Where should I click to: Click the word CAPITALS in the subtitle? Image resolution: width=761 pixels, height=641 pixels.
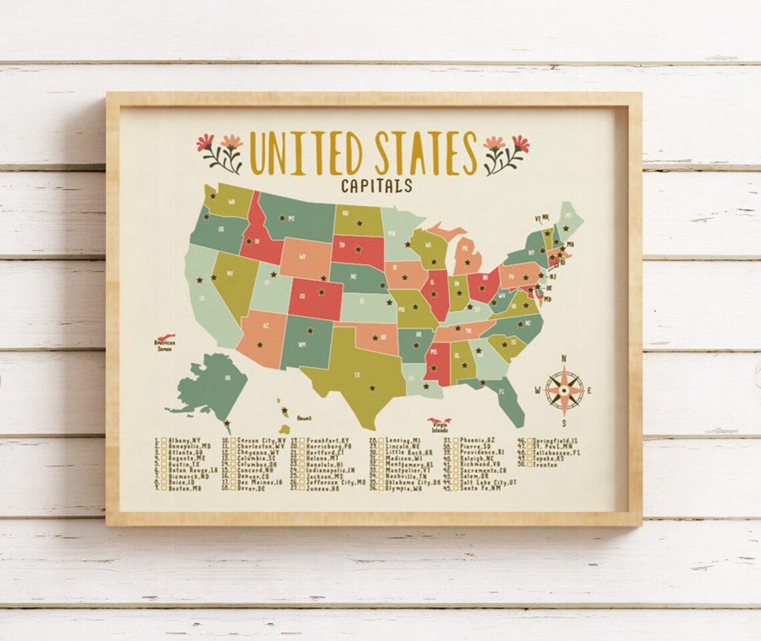(376, 185)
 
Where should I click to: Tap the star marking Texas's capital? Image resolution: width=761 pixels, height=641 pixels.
(372, 387)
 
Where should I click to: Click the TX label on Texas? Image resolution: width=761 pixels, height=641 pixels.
(357, 375)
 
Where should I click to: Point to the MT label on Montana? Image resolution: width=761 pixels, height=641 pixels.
(292, 217)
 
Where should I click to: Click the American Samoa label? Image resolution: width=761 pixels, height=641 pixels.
(164, 346)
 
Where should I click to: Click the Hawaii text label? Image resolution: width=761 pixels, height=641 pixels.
(304, 418)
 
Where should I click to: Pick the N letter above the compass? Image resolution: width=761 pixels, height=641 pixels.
(564, 358)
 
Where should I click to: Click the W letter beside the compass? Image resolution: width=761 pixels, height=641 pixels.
(538, 391)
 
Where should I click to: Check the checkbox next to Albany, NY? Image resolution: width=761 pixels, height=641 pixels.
(164, 441)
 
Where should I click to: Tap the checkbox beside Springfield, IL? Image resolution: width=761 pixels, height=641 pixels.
(530, 441)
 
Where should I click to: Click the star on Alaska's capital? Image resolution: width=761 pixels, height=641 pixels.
(228, 422)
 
